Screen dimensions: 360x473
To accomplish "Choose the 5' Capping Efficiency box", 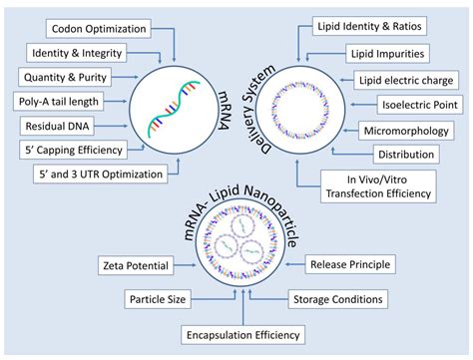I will (73, 151).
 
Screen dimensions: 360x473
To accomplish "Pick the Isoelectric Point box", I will (420, 103).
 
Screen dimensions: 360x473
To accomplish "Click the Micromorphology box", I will (410, 129).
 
